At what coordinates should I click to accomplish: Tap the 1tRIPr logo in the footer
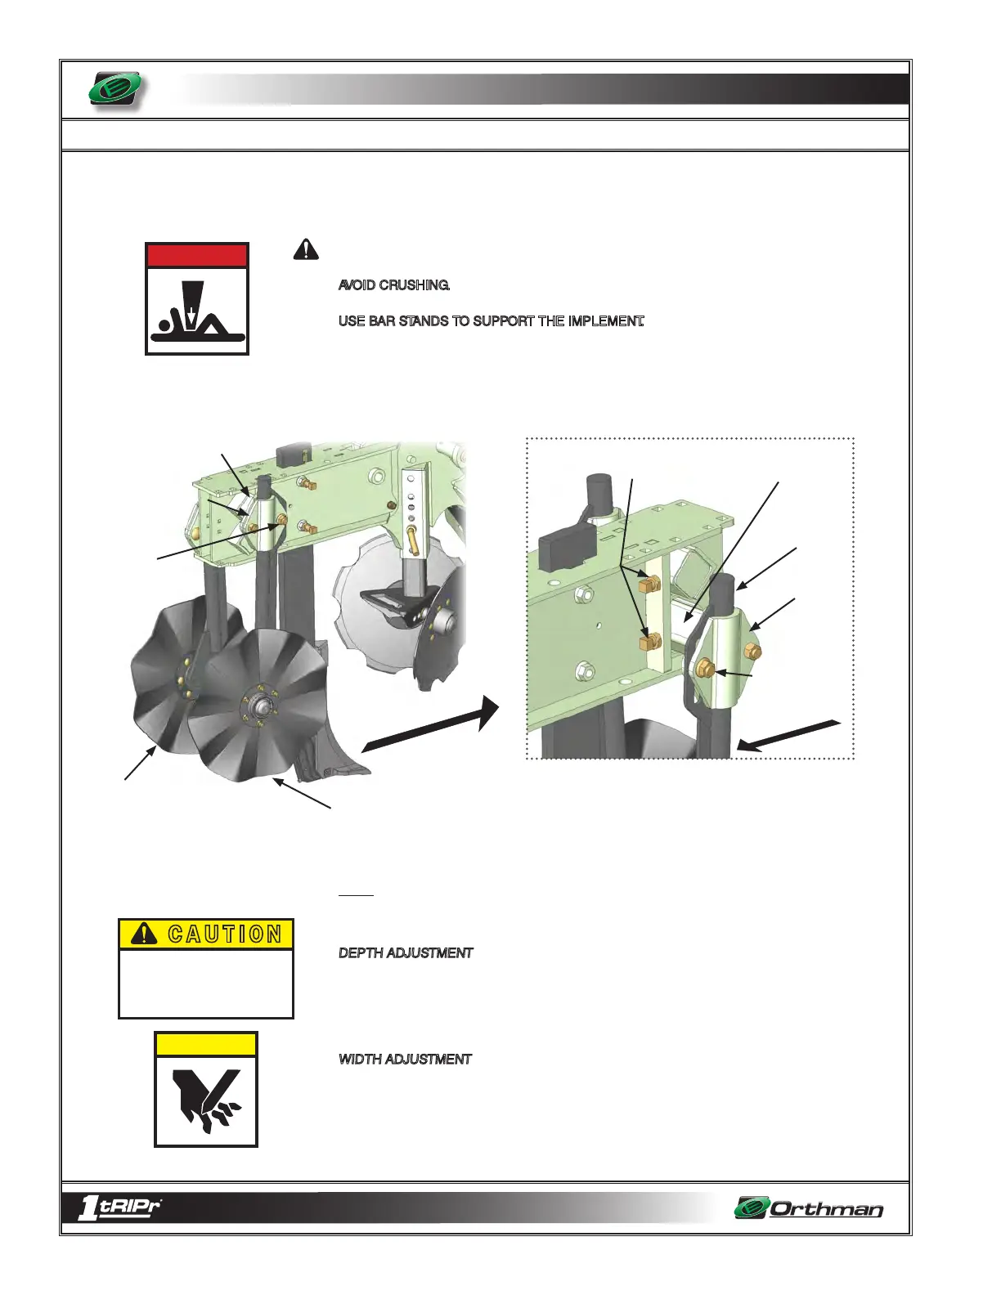[x=119, y=1208]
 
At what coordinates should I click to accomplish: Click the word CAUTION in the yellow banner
[x=225, y=934]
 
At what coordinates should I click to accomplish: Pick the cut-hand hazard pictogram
[x=206, y=1100]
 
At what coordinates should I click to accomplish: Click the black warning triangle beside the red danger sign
[x=306, y=249]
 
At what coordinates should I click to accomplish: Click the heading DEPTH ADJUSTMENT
[x=406, y=953]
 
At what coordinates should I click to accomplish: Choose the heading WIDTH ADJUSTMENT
[x=405, y=1060]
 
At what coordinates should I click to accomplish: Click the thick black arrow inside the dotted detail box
[x=788, y=734]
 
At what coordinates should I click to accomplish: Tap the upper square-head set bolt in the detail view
[x=652, y=584]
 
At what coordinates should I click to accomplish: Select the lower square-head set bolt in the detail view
[x=651, y=640]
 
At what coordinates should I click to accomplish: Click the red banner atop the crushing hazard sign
[x=197, y=255]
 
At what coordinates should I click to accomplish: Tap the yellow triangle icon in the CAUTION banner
[x=144, y=934]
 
